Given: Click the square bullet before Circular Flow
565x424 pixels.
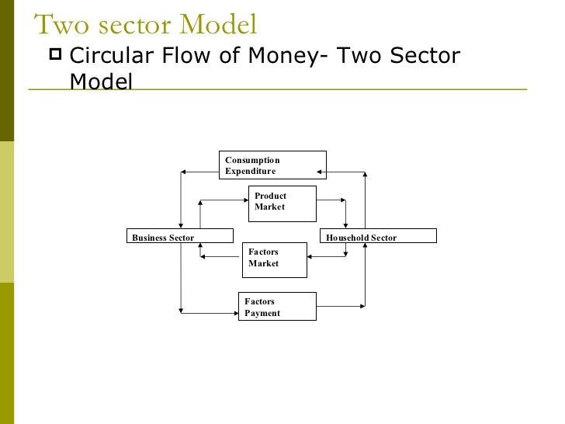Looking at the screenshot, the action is pyautogui.click(x=54, y=55).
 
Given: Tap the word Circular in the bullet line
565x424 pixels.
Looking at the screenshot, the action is pyautogui.click(x=108, y=56).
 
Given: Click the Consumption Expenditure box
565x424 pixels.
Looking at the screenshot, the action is pyautogui.click(x=272, y=165).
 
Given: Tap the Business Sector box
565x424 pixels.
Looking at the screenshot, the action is pyautogui.click(x=179, y=236).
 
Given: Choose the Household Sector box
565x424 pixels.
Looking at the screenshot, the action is pyautogui.click(x=378, y=236).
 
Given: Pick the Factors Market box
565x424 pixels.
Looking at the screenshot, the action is pyautogui.click(x=276, y=259).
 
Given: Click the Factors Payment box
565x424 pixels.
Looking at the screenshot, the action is pyautogui.click(x=276, y=307).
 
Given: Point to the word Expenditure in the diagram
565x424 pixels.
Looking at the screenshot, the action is pyautogui.click(x=250, y=172).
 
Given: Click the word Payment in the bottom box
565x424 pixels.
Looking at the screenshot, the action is pyautogui.click(x=262, y=314).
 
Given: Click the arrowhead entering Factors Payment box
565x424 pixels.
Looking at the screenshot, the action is pyautogui.click(x=234, y=313).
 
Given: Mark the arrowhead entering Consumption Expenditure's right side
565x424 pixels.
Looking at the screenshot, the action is pyautogui.click(x=321, y=171).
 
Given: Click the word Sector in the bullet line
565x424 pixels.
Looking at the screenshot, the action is pyautogui.click(x=427, y=56).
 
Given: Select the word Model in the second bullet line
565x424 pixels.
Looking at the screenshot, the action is pyautogui.click(x=101, y=81).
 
